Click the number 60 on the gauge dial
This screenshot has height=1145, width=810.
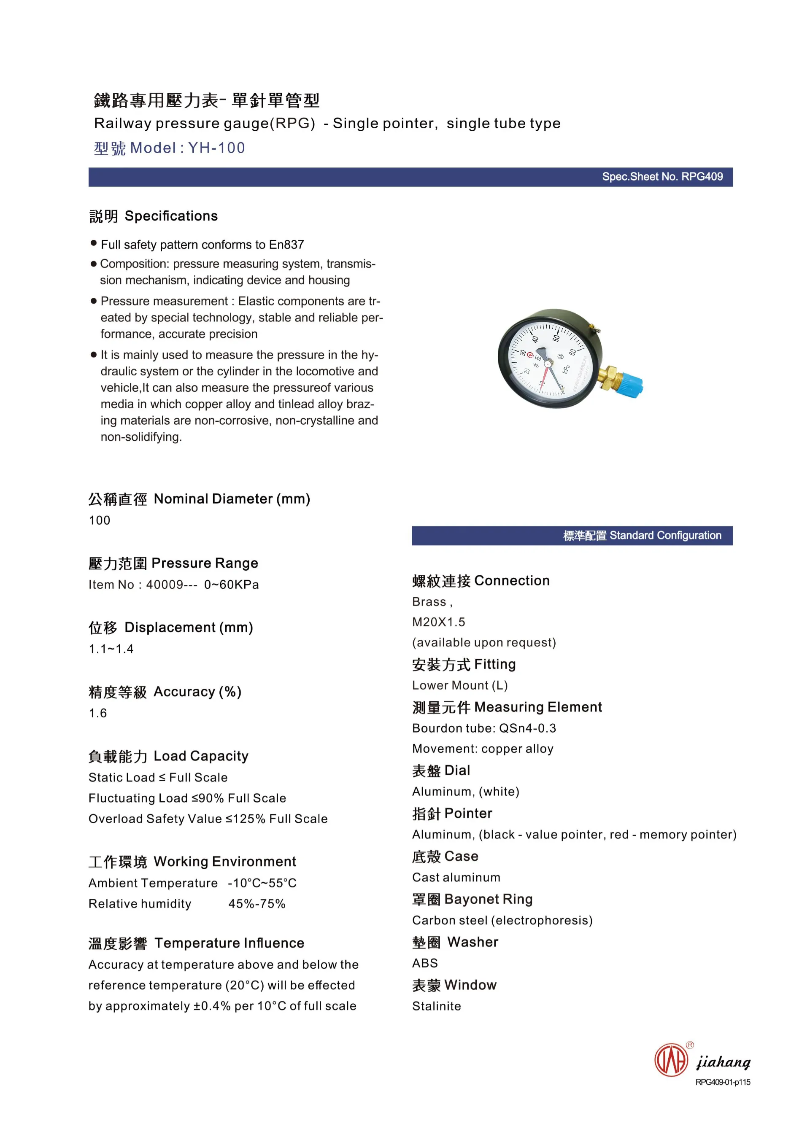coord(572,352)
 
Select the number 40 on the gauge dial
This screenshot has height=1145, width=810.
coord(535,339)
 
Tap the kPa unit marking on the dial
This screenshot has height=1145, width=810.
coord(566,369)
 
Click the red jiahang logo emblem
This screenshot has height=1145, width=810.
coord(671,1060)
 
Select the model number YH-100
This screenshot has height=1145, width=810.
coord(216,148)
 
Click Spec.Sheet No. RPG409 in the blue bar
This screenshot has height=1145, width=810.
coord(662,177)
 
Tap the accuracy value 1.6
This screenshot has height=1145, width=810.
coord(98,713)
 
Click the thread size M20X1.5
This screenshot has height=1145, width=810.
coord(438,622)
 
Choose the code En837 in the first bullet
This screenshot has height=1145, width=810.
coord(286,245)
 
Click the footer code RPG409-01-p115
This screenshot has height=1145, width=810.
coord(723,1082)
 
